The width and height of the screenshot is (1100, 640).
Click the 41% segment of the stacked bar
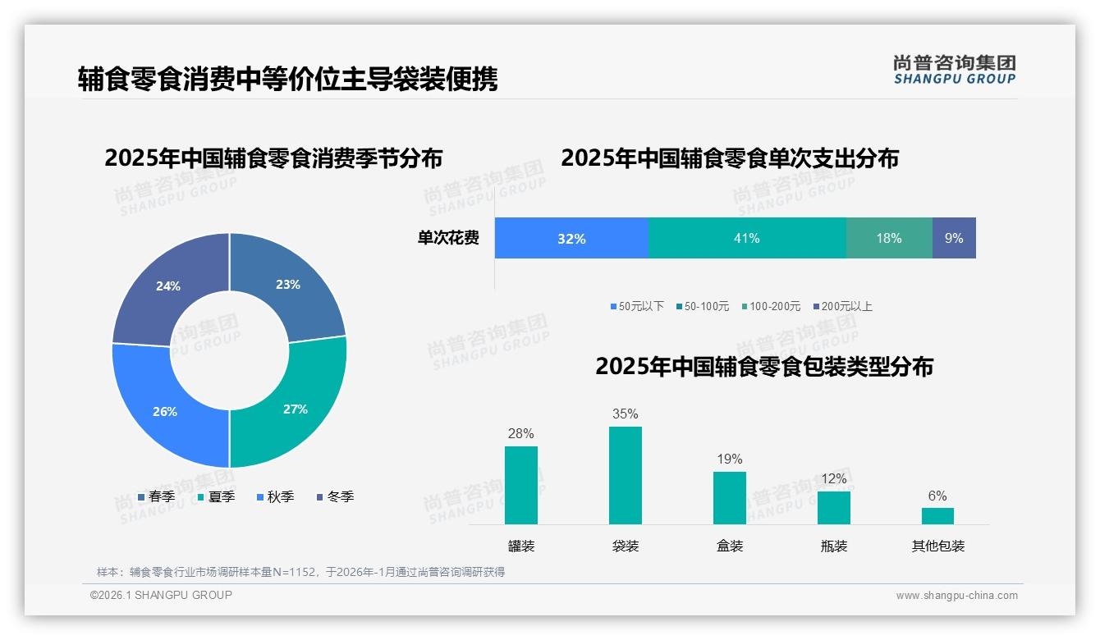pos(747,238)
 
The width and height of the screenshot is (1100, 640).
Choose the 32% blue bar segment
pos(571,238)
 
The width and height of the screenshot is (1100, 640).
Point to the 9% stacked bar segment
pos(954,238)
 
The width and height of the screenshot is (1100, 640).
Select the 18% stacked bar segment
pos(889,238)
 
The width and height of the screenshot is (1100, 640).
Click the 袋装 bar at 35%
pos(626,476)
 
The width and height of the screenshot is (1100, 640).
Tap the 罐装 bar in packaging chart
pos(521,485)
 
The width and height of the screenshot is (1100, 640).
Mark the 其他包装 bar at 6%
pos(937,515)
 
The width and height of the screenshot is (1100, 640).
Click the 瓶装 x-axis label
pos(833,546)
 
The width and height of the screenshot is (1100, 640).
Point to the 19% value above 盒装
pos(730,459)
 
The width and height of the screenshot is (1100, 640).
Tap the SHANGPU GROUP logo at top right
pos(954,70)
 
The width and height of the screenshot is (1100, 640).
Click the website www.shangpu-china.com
pos(956,595)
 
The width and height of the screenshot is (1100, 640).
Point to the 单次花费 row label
pos(448,238)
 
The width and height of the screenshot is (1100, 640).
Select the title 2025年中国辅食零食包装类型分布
pos(763,366)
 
